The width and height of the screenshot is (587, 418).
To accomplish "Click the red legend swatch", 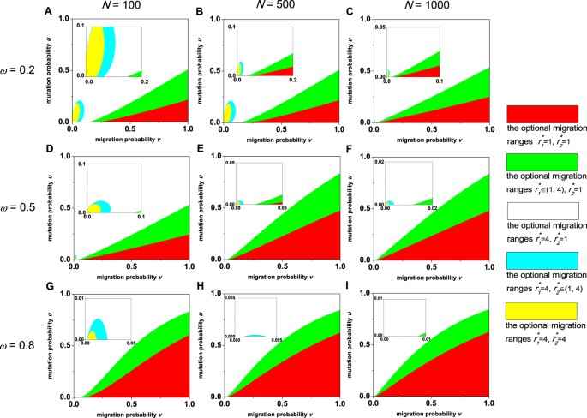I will [542, 116].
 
